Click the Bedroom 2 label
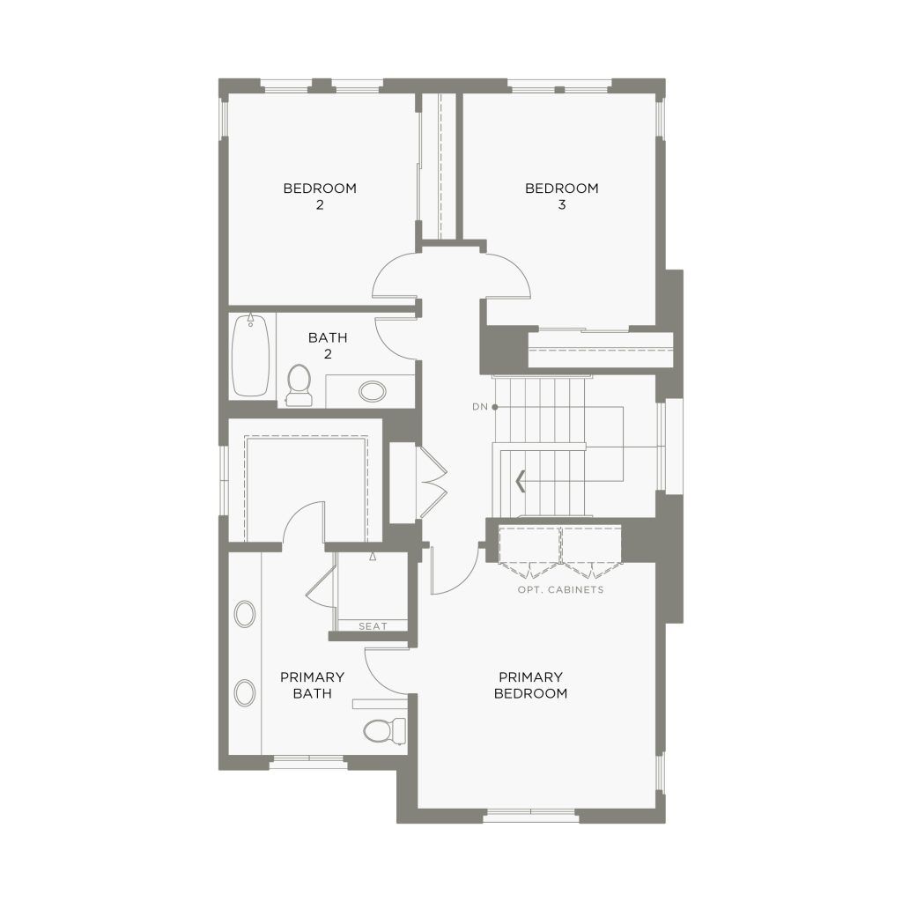320,196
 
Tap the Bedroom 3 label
561,196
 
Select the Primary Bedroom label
530,685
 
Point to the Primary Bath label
312,685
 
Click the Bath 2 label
328,345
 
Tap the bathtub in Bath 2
250,355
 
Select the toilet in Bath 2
299,384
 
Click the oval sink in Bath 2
373,391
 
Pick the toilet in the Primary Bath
384,731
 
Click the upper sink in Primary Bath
245,614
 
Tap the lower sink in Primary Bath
245,692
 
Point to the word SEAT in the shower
373,626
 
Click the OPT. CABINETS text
560,589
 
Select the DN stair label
480,407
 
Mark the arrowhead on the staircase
521,481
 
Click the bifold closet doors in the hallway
433,482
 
